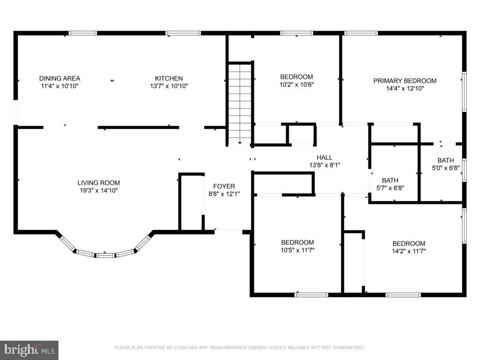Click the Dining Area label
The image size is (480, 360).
(60, 78)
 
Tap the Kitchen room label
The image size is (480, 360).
(169, 78)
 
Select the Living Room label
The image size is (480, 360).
(99, 183)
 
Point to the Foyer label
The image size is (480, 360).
(224, 186)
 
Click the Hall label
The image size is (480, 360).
(324, 157)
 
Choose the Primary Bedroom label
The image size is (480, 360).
(405, 81)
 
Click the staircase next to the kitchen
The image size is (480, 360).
(240, 103)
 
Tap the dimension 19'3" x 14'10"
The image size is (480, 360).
(99, 190)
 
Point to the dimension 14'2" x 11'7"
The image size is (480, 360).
(409, 252)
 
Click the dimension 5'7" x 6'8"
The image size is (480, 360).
(390, 188)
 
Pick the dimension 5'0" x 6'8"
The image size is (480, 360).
(446, 168)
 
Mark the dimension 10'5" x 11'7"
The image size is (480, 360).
(297, 250)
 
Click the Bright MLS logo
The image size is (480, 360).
(29, 350)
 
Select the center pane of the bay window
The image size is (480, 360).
(105, 255)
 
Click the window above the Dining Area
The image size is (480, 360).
(82, 33)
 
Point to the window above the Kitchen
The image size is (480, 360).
(183, 33)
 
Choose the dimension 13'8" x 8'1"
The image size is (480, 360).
(324, 165)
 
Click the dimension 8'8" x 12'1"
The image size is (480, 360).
(224, 194)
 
